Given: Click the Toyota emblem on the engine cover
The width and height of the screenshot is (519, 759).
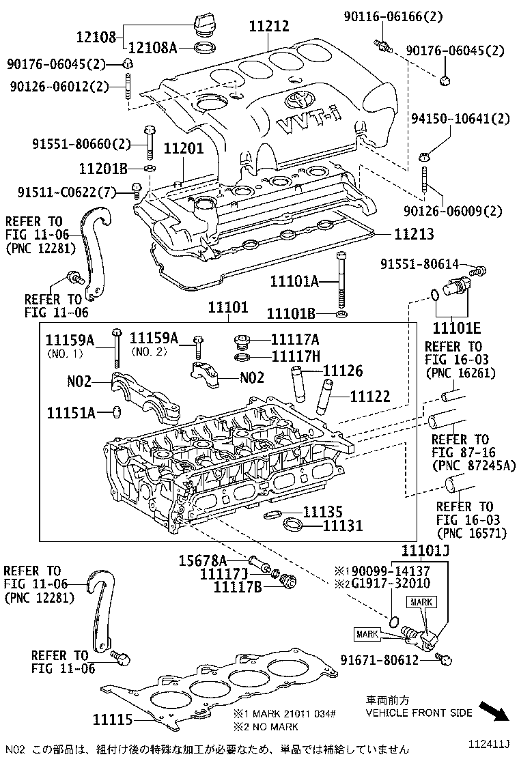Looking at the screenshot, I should (x=294, y=100).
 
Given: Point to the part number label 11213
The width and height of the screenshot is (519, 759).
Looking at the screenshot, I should (x=413, y=234).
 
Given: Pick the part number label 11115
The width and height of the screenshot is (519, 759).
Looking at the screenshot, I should (x=115, y=719).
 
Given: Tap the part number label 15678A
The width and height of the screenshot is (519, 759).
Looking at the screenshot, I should (x=203, y=560).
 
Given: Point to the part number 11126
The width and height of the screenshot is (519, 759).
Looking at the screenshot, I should (x=343, y=371).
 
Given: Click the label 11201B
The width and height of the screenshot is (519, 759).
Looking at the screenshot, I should (x=103, y=167).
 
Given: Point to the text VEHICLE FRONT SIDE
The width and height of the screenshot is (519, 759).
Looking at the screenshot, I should (x=419, y=713).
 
